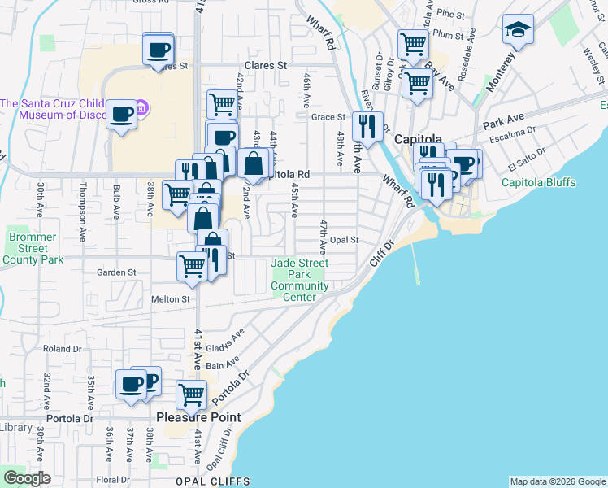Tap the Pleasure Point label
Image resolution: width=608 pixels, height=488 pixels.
(198, 417)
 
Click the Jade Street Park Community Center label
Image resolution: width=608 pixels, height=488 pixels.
(299, 280)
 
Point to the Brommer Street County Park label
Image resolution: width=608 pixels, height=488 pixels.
(33, 248)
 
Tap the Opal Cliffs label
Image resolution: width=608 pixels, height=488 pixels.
(210, 481)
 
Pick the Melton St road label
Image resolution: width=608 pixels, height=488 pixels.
(170, 299)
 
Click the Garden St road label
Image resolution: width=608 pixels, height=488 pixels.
(114, 272)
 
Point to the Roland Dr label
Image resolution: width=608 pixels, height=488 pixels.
(59, 348)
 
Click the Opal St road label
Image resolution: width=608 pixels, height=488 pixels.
(345, 240)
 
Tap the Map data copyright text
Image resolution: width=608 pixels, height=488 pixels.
(558, 481)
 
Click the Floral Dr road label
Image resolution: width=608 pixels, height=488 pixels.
(112, 479)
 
